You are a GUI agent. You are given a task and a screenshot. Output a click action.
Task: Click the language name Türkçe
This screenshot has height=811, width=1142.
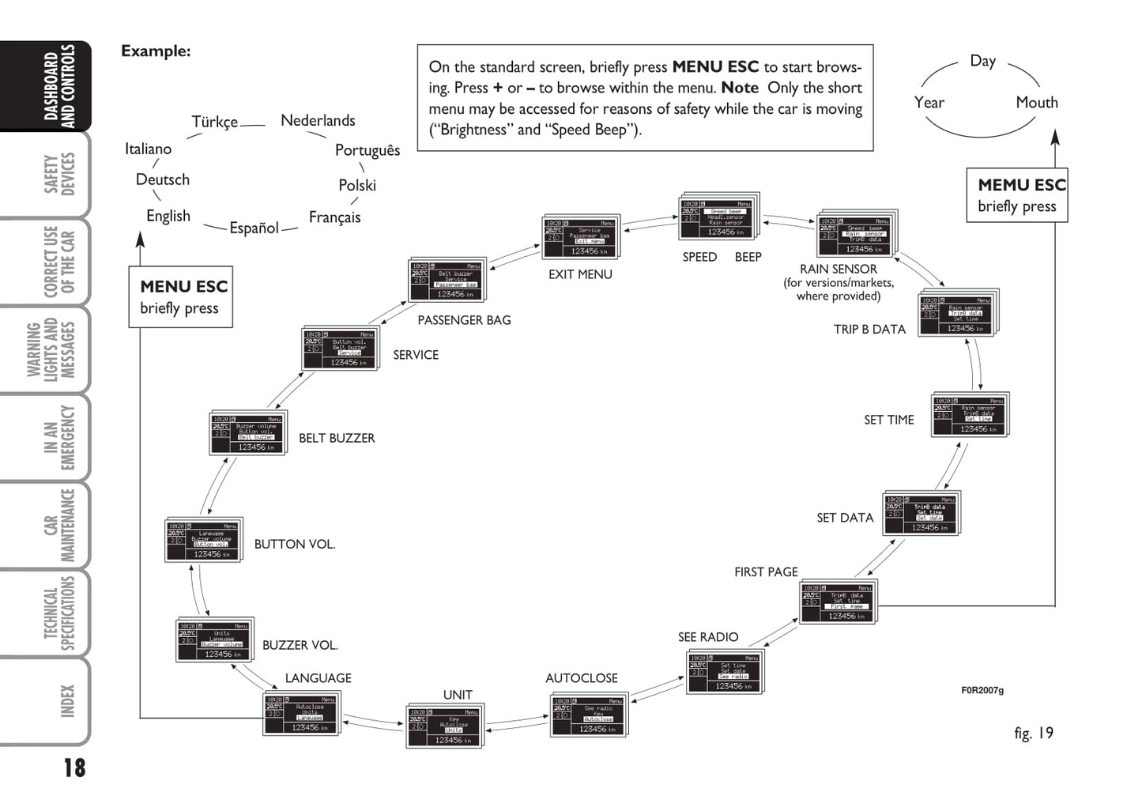coord(214,122)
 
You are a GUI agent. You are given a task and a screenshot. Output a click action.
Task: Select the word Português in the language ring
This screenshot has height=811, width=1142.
coord(367,150)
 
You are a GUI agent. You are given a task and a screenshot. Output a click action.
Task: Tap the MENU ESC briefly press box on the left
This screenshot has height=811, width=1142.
coord(181,296)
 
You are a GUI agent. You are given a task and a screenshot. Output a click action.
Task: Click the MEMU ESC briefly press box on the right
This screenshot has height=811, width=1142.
coord(1017,194)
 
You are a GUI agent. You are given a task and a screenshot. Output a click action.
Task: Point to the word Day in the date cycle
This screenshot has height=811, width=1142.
coord(982,61)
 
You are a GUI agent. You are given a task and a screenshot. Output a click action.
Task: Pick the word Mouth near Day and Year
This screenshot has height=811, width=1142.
coord(1036,102)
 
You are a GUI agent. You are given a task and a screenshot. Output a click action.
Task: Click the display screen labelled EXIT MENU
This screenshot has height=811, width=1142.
coord(581,236)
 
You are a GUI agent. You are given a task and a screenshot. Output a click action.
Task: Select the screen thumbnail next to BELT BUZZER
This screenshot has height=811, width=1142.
coord(247,432)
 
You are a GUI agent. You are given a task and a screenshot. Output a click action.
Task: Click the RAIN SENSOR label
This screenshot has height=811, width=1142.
coord(838,269)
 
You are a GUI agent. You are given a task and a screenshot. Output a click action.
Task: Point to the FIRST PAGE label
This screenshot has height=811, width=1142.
coord(766,571)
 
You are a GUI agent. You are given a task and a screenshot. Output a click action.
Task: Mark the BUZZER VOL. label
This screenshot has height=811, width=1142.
coord(300,645)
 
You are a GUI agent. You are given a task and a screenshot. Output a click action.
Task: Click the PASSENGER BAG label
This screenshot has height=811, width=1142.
coord(464,320)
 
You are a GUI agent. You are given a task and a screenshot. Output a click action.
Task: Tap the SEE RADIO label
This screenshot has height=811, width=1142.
coord(707,637)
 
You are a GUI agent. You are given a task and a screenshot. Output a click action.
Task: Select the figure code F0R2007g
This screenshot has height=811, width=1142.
coord(982,690)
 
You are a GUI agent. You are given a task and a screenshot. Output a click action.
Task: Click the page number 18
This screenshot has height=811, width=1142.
coord(74,768)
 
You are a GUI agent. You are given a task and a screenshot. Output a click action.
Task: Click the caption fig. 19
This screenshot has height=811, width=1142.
coord(1033,733)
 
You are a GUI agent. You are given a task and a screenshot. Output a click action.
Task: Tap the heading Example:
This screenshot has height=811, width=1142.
coord(156,51)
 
